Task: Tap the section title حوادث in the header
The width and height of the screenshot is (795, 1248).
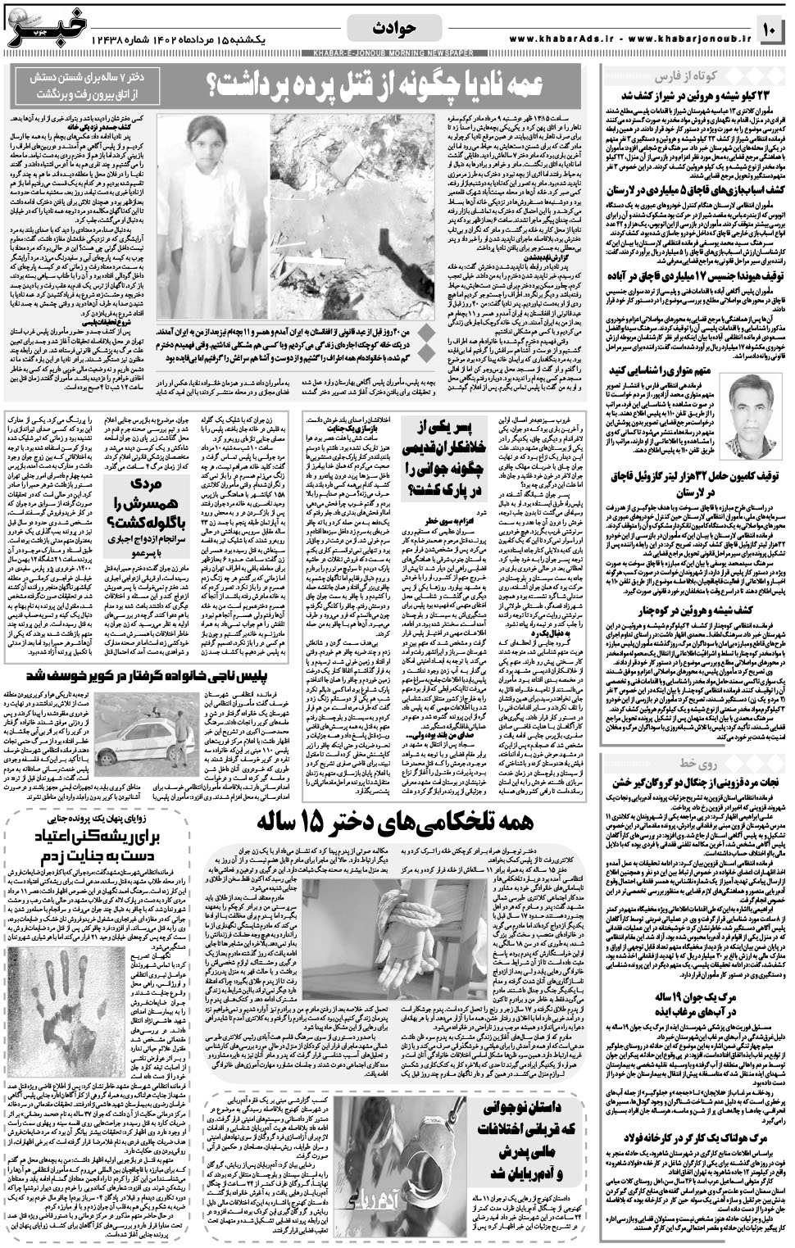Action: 398,28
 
